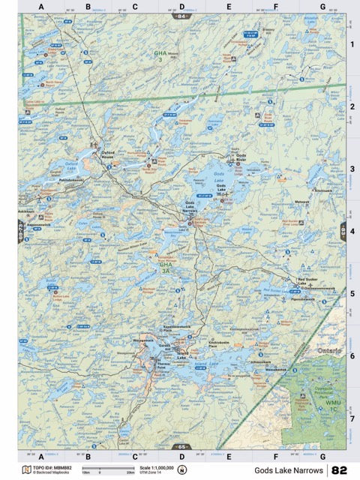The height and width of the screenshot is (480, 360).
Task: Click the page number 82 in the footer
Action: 339,470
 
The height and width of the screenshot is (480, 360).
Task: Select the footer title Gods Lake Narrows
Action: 288,470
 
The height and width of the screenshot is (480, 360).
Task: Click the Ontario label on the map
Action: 328,351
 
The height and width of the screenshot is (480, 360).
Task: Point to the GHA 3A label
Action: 165,267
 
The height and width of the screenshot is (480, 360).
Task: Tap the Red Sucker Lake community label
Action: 307,282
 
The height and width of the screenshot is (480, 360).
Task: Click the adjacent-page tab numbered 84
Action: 181,15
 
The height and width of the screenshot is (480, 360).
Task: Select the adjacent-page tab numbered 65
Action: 181,447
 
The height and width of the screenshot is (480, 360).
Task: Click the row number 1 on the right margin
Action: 352,44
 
